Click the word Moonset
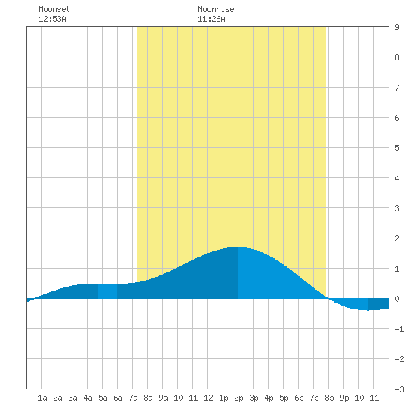pos(54,9)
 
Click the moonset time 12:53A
pos(52,19)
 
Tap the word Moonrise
pos(216,9)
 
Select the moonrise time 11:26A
pos(211,19)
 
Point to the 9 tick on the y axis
pos(397,27)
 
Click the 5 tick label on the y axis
pos(397,148)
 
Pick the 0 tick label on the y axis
pos(397,299)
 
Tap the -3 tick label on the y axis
pos(399,389)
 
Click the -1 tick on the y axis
pos(399,329)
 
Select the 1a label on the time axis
pos(42,398)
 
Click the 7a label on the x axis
pos(133,398)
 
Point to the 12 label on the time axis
pos(208,398)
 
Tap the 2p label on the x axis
pos(238,398)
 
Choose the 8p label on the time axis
pos(329,398)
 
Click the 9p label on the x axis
pos(344,398)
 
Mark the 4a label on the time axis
pos(88,398)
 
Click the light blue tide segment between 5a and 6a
pos(107,291)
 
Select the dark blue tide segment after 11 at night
pos(379,304)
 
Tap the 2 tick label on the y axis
pos(397,238)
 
